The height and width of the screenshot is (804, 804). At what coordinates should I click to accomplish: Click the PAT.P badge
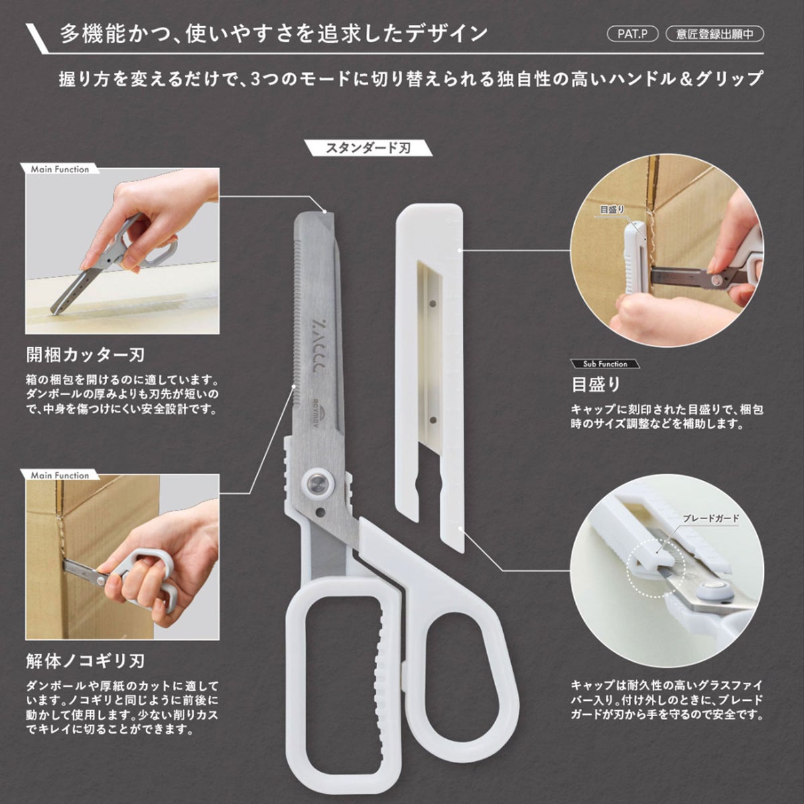pyautogui.click(x=632, y=34)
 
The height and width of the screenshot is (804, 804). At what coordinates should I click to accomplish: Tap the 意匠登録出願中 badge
pyautogui.click(x=715, y=34)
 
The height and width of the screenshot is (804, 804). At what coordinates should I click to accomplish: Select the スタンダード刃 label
pyautogui.click(x=368, y=147)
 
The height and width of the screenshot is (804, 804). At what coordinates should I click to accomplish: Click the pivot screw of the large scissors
pyautogui.click(x=318, y=483)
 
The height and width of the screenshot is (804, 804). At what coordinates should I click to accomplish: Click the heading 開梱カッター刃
pyautogui.click(x=86, y=354)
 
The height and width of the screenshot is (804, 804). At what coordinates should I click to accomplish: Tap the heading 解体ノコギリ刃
pyautogui.click(x=86, y=661)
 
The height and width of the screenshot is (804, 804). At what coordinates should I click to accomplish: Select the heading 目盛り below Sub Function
pyautogui.click(x=596, y=385)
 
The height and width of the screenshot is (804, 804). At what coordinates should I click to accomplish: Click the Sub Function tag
pyautogui.click(x=605, y=364)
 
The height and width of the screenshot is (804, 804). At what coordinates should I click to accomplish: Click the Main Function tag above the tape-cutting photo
pyautogui.click(x=60, y=169)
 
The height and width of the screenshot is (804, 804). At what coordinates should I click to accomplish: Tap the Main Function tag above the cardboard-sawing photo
pyautogui.click(x=60, y=475)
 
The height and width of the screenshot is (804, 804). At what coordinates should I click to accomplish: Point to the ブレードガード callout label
pyautogui.click(x=711, y=519)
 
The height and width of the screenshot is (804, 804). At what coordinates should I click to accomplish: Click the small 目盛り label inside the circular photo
pyautogui.click(x=612, y=210)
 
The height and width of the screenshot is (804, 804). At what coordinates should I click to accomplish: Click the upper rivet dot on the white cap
pyautogui.click(x=433, y=303)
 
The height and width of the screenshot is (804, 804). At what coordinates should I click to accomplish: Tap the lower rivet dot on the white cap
pyautogui.click(x=433, y=419)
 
